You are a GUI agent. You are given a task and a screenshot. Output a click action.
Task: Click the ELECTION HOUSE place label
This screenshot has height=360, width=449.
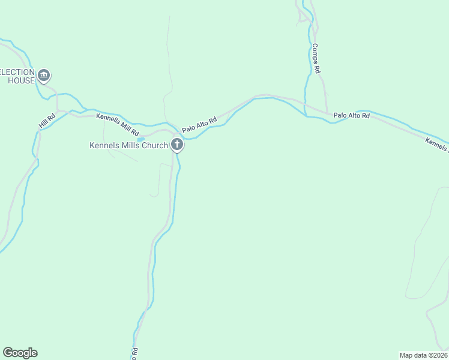[17, 76]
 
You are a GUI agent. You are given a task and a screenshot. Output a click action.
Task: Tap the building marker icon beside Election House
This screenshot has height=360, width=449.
[43, 76]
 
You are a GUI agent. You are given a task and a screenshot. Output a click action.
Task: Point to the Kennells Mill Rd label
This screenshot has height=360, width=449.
[118, 124]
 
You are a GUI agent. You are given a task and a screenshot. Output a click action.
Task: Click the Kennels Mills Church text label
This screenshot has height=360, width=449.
[128, 145]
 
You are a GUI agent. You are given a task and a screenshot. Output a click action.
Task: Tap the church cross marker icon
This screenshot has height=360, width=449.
[176, 144]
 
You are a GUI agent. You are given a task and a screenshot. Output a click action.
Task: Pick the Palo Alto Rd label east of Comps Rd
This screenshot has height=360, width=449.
[352, 115]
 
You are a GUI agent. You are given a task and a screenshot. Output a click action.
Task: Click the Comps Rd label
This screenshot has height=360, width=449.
[316, 58]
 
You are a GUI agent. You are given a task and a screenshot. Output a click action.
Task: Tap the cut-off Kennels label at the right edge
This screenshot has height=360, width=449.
[437, 143]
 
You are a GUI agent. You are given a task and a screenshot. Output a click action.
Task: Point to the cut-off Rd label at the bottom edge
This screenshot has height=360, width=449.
[134, 352]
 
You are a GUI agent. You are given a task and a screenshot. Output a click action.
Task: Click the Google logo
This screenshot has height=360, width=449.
[20, 353]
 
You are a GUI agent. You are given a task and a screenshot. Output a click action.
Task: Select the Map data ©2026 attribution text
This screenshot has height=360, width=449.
[423, 355]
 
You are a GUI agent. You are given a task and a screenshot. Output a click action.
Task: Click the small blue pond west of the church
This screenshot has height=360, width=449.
[140, 139]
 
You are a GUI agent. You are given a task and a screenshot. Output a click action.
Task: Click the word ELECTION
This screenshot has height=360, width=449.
[17, 71]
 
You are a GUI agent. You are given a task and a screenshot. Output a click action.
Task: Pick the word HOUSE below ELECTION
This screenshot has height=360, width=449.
[21, 80]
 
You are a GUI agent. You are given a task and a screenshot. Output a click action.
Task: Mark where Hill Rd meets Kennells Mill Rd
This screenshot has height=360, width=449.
[58, 112]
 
